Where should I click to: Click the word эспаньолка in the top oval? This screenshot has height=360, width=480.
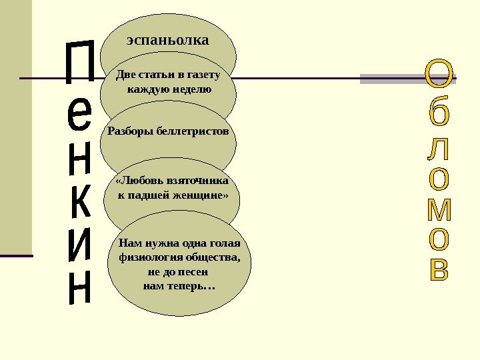pos(168,40)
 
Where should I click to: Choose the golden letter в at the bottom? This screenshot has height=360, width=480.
pos(439,269)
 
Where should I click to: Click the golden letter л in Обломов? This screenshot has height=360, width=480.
pos(439,151)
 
